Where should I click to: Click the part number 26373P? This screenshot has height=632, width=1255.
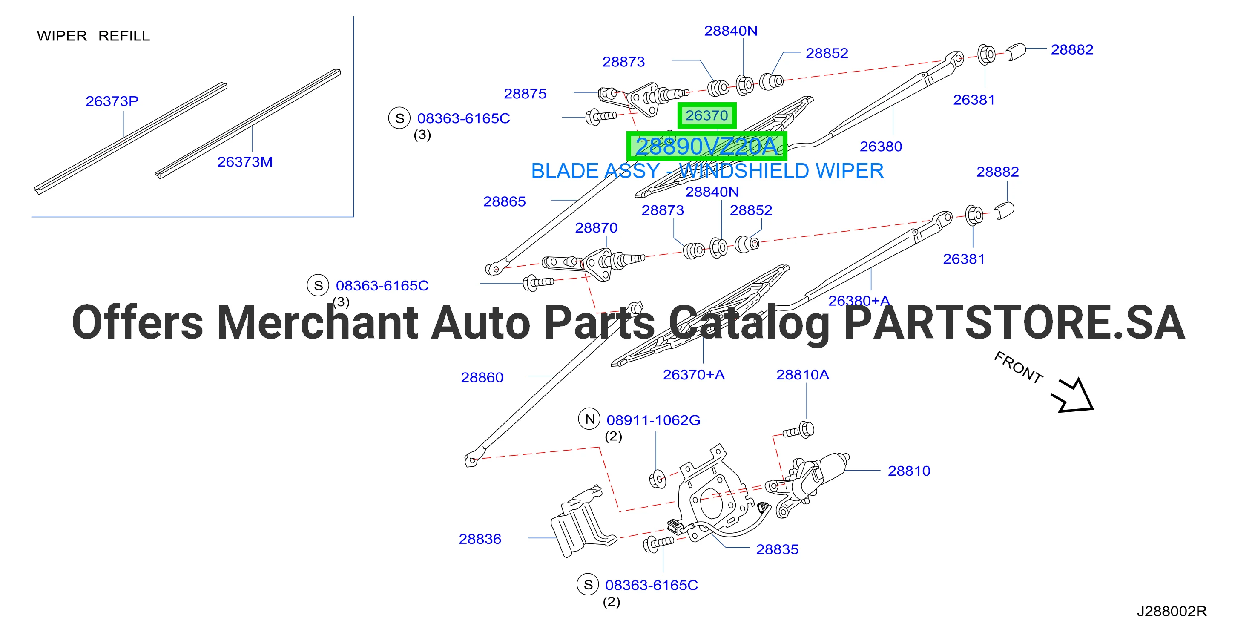point(112,101)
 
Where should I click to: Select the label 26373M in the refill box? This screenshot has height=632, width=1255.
point(245,162)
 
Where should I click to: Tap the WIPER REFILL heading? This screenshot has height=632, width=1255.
point(94,36)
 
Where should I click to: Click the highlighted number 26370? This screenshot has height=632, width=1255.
point(707,115)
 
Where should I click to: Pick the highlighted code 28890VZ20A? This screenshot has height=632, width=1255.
point(706,146)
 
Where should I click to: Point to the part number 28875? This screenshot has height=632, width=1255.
point(525,94)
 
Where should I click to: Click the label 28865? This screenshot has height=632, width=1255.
point(505,201)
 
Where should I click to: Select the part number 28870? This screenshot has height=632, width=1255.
point(596,227)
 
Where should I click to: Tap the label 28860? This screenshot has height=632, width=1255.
point(482,377)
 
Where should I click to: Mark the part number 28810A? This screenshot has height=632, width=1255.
point(803,374)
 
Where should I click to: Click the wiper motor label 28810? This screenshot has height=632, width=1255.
point(909,471)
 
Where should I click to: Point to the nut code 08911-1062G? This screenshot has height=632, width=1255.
point(653,420)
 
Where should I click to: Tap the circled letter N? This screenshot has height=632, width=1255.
point(590,419)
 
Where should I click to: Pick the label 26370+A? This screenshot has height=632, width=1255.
point(694,374)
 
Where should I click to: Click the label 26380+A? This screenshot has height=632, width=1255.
point(859,301)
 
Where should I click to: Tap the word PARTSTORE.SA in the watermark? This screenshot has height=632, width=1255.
point(1014,322)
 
